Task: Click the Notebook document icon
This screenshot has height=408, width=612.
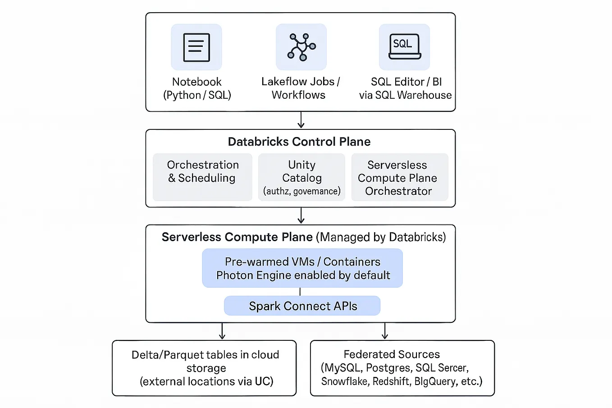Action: click(x=196, y=47)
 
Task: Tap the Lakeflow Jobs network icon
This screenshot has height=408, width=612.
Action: click(x=301, y=47)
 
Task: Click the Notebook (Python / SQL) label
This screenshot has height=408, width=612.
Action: click(x=197, y=88)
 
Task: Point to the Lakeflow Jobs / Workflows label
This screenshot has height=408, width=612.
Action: click(x=300, y=88)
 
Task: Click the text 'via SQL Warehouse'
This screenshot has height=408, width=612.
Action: click(x=405, y=95)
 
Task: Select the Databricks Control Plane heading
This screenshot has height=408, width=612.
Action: click(x=299, y=142)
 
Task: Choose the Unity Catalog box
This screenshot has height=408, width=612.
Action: click(x=301, y=177)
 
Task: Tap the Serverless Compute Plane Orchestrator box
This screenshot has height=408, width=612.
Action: click(x=399, y=177)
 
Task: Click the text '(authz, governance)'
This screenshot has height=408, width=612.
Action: click(x=301, y=191)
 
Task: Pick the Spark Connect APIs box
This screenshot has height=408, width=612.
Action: click(x=302, y=306)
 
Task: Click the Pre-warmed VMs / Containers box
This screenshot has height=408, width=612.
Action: click(x=302, y=268)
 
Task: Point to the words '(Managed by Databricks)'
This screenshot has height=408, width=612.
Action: click(x=381, y=237)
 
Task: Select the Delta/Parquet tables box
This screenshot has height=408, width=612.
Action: click(x=204, y=368)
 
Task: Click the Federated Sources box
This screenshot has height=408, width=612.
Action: click(x=402, y=368)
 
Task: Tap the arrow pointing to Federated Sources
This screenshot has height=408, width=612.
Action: click(x=384, y=331)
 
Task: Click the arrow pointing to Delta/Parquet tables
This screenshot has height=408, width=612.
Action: click(x=222, y=331)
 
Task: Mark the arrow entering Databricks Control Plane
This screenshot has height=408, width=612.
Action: click(x=301, y=120)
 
